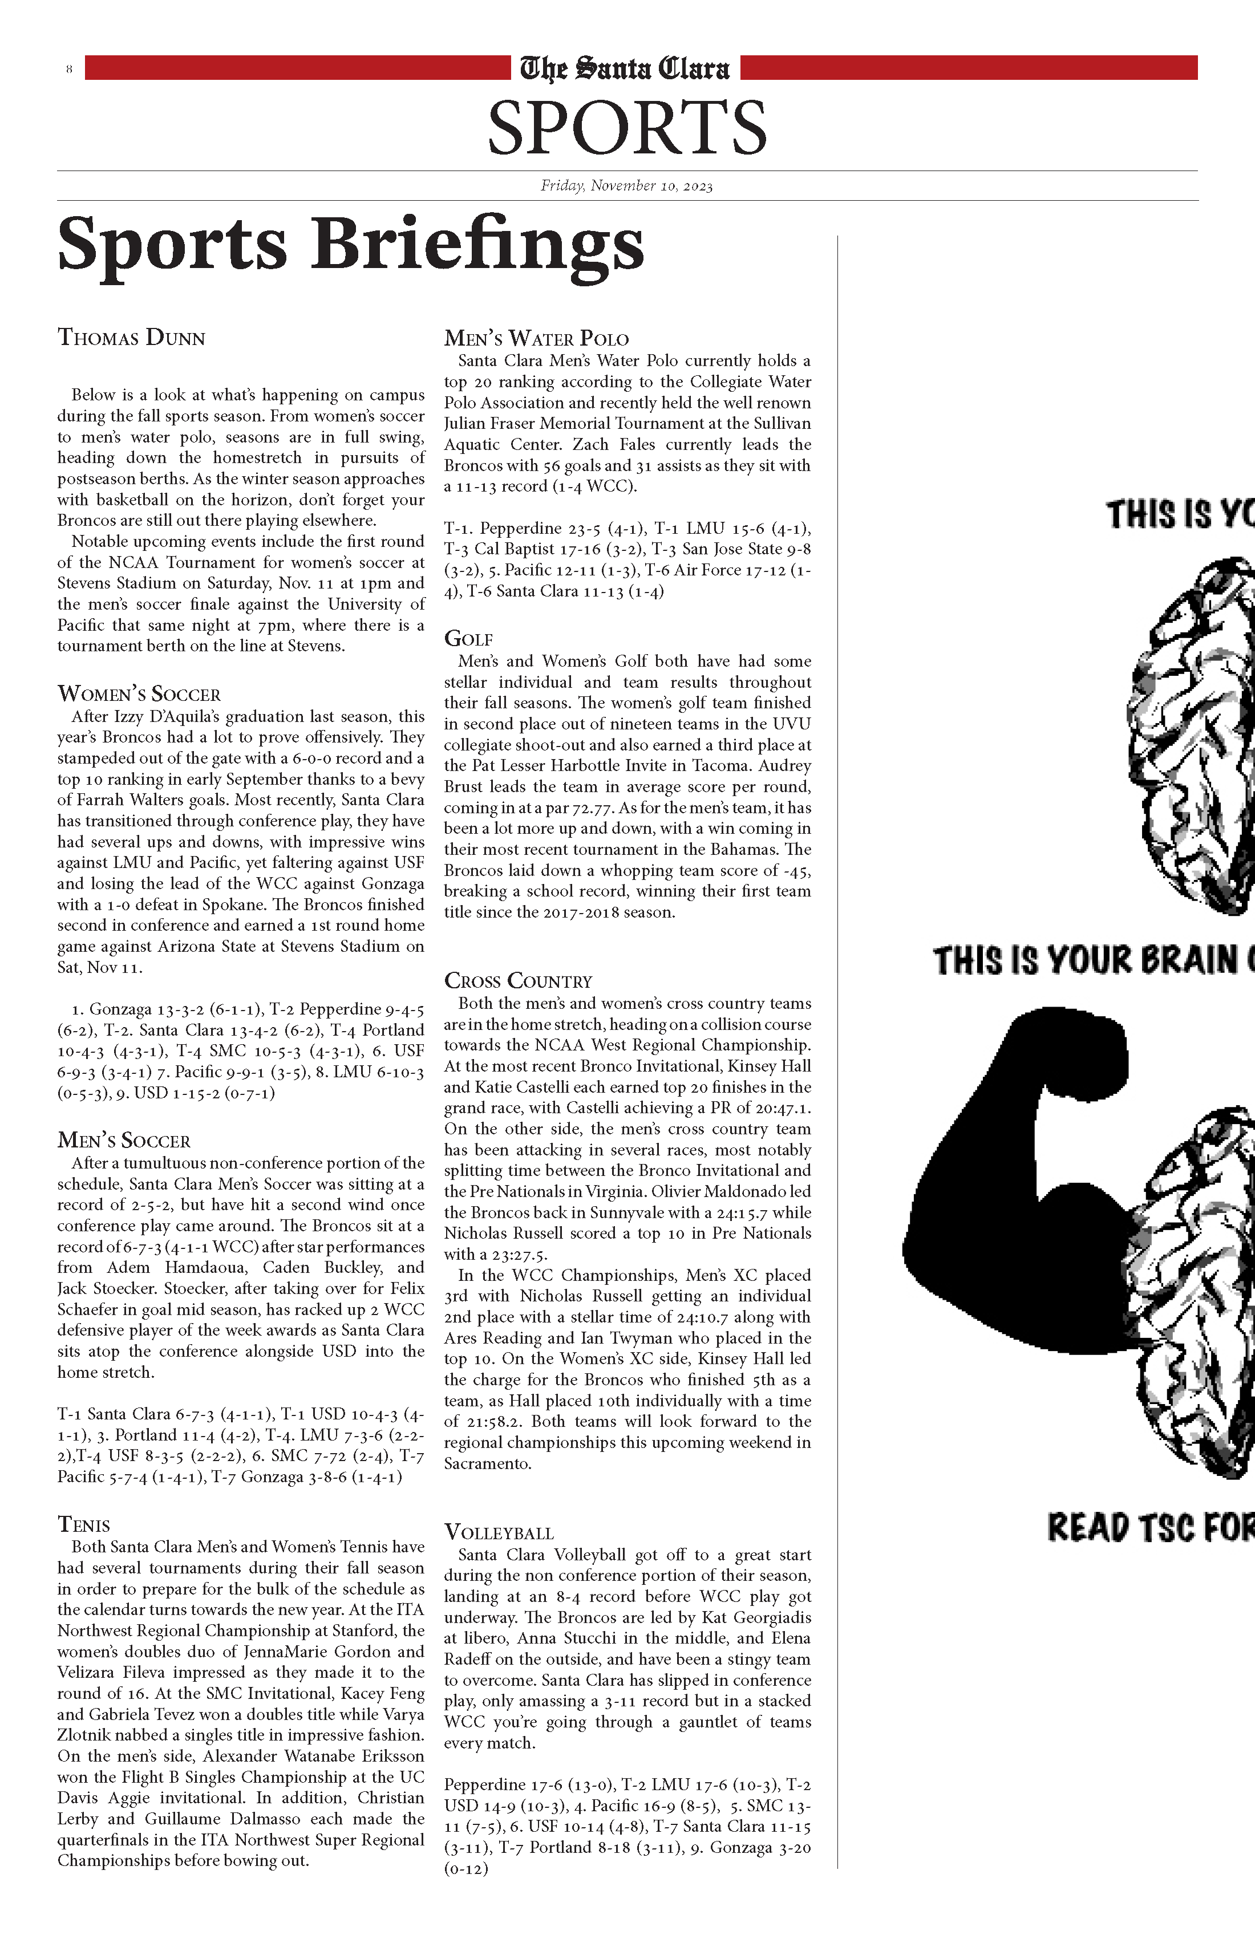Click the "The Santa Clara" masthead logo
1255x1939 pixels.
[x=625, y=68]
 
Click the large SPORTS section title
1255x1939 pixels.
[x=627, y=127]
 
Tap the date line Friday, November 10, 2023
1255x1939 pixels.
[x=627, y=186]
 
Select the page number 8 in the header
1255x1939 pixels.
[x=69, y=69]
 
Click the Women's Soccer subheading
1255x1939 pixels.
[x=139, y=694]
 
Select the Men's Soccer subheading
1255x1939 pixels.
[x=124, y=1141]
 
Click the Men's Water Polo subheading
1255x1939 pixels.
[x=536, y=338]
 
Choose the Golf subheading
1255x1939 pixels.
[x=468, y=639]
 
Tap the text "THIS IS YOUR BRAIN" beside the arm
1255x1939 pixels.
[x=1092, y=960]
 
